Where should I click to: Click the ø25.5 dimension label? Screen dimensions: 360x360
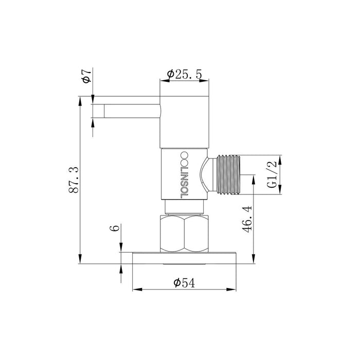pyautogui.click(x=184, y=75)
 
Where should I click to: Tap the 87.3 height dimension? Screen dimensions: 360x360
pyautogui.click(x=74, y=181)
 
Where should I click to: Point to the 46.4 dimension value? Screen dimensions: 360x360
pyautogui.click(x=246, y=220)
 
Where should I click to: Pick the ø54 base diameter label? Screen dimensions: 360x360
pyautogui.click(x=184, y=282)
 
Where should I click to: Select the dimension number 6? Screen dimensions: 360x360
pyautogui.click(x=116, y=227)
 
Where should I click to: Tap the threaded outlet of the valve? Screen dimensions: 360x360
pyautogui.click(x=228, y=175)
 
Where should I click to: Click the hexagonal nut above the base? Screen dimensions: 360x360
pyautogui.click(x=185, y=233)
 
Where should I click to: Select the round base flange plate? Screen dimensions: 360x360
pyautogui.click(x=185, y=258)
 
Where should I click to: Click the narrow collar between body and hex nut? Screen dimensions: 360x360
pyautogui.click(x=185, y=208)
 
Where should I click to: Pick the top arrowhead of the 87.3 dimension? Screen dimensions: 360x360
pyautogui.click(x=80, y=100)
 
